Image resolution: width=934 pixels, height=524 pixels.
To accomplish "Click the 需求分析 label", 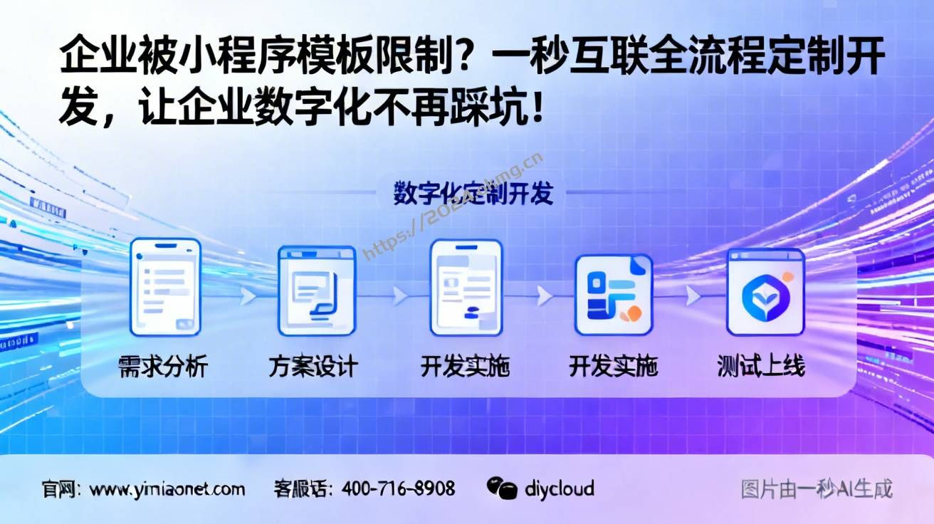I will coord(163,367).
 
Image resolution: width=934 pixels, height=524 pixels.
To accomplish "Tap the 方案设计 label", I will coord(313,367).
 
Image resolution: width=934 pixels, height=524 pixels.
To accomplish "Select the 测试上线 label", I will coord(761,367).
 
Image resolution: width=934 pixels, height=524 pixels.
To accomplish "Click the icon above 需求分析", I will coord(165,287).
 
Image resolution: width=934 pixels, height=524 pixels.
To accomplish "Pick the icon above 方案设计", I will coord(316,290).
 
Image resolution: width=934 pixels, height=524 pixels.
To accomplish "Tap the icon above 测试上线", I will coord(765,292).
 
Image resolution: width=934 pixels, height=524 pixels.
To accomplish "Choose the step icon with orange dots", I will coord(613,293).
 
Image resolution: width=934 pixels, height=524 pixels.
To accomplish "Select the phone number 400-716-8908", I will coord(398,489).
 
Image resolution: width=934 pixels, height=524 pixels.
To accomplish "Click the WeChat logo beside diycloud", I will coord(502,488).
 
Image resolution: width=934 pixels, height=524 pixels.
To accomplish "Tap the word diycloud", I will coord(559,489).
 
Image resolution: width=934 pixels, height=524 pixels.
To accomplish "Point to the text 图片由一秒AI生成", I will coord(816,489).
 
